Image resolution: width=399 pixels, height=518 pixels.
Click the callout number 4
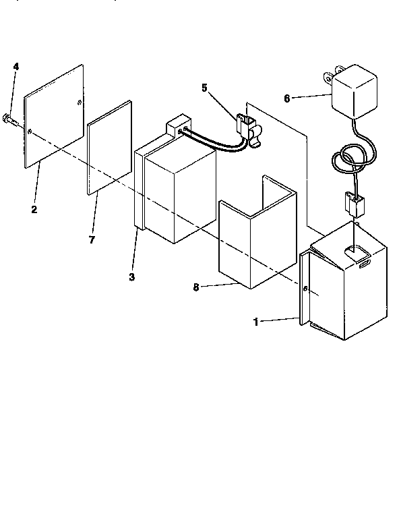[x=16, y=66]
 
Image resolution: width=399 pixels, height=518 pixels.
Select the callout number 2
[x=34, y=209]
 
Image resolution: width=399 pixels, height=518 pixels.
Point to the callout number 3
[x=132, y=277]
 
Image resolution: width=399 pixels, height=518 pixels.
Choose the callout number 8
[x=195, y=287]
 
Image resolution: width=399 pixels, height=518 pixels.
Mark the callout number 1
[x=255, y=322]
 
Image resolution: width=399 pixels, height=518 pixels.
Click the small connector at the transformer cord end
[x=351, y=200]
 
